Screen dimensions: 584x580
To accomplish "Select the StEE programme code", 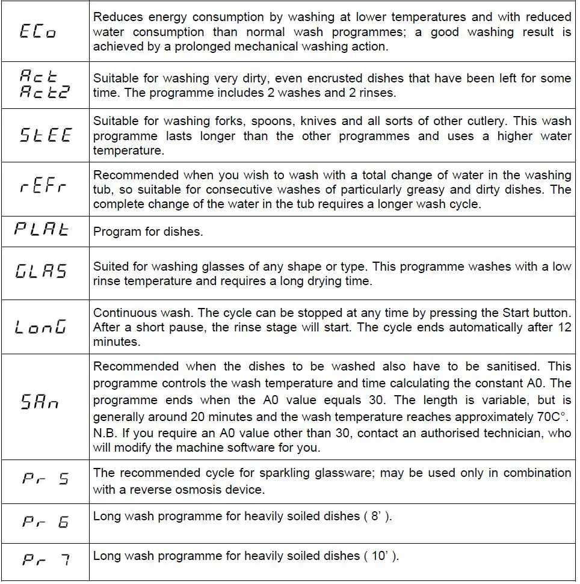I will point(45,135).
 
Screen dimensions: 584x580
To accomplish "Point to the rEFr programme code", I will point(43,187).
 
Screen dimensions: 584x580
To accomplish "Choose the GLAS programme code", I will point(41,271).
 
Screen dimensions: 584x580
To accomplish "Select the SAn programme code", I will point(40,402).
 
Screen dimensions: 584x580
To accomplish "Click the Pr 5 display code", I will point(46,479).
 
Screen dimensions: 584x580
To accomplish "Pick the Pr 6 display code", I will point(46,521).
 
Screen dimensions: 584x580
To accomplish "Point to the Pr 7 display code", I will point(46,561).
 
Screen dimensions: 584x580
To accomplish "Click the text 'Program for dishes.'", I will point(147,232).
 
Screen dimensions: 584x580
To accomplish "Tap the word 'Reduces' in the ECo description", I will point(120,17).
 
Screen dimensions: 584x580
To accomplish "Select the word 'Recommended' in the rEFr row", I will point(136,175).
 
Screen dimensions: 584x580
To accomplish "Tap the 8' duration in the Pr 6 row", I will point(377,516).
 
